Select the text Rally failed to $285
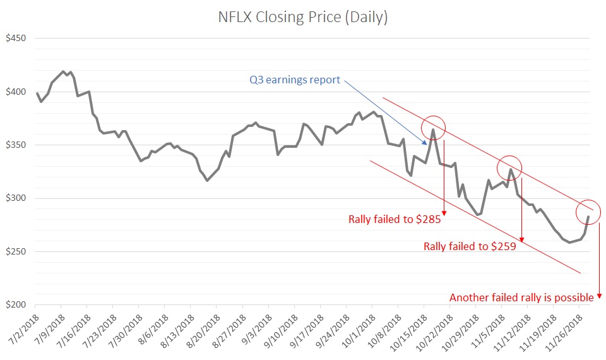(x=395, y=220)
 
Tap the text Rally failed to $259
(x=470, y=246)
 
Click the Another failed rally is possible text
(x=521, y=297)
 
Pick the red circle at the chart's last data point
(x=588, y=213)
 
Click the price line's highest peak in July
(x=63, y=71)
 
